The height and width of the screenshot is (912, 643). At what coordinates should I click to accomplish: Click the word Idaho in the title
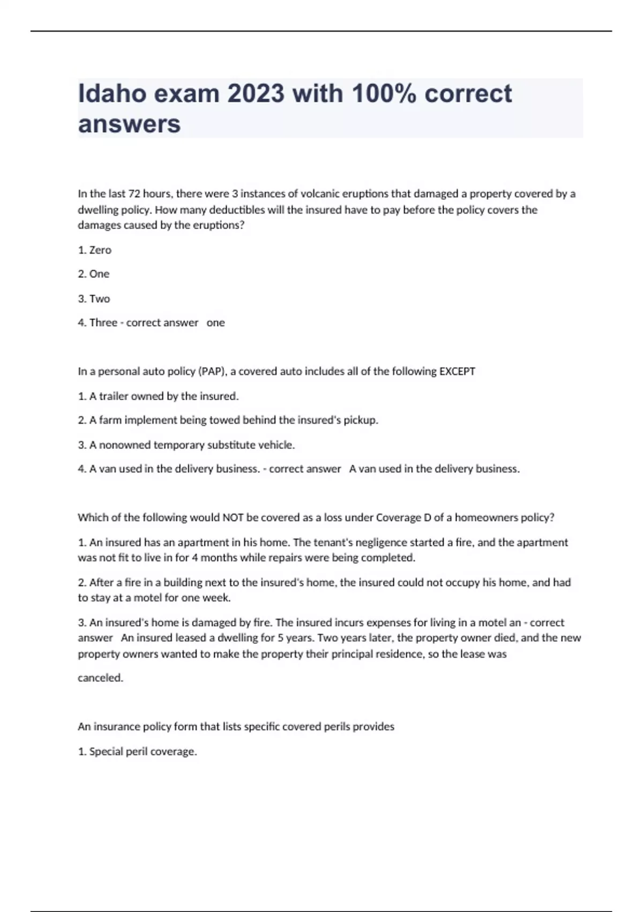click(111, 93)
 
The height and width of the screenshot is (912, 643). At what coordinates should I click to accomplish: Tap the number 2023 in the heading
click(256, 93)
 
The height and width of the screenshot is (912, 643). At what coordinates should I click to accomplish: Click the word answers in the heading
click(129, 124)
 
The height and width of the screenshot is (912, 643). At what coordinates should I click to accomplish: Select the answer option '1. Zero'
click(95, 250)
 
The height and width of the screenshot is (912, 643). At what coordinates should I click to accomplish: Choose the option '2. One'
click(94, 274)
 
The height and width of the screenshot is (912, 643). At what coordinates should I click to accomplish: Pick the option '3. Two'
click(94, 299)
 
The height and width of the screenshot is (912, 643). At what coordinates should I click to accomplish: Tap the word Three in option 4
click(103, 323)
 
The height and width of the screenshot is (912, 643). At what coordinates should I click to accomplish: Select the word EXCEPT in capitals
click(457, 372)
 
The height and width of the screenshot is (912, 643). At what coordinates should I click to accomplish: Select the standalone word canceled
click(100, 678)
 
